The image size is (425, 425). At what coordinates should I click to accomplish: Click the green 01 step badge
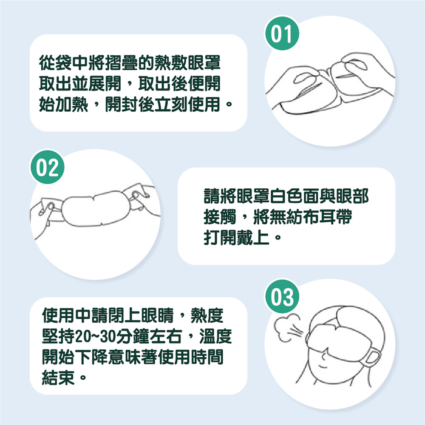(282, 33)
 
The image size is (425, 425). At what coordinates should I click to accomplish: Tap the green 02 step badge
(47, 167)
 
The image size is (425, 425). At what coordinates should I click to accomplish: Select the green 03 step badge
(282, 297)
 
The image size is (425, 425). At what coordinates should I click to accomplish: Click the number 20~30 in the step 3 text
(93, 336)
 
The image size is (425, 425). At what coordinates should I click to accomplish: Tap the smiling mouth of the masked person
(324, 367)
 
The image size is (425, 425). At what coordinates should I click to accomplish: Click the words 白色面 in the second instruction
(295, 196)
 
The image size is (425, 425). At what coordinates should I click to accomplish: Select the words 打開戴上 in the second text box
(236, 238)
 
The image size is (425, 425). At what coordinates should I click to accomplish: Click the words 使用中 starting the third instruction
(67, 315)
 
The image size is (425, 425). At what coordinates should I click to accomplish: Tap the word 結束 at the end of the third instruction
(58, 377)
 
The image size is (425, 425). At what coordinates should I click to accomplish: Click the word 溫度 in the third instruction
(215, 336)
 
